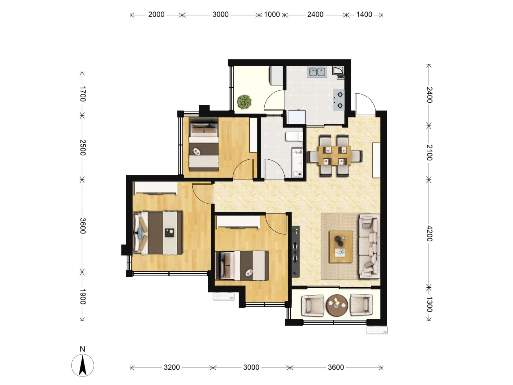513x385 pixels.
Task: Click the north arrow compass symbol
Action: [82, 365]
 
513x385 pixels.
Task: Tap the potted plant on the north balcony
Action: [244, 102]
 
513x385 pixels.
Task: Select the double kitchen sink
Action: [317, 72]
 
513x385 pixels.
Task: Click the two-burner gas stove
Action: [338, 100]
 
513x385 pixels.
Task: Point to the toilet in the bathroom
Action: [294, 137]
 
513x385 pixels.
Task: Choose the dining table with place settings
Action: [335, 156]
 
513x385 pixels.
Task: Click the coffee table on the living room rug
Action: [341, 247]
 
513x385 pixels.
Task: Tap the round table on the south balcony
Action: [337, 306]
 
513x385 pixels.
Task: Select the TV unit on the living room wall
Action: [296, 251]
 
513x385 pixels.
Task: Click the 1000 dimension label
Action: [272, 15]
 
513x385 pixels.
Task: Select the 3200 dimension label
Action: [172, 367]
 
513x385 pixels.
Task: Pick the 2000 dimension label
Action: [156, 15]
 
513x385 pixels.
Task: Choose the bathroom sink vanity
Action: [297, 162]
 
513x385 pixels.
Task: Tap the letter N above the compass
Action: [82, 349]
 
